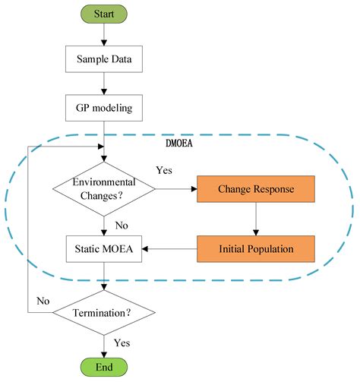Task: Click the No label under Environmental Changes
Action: [x=120, y=224]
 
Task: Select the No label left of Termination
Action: [x=43, y=301]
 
